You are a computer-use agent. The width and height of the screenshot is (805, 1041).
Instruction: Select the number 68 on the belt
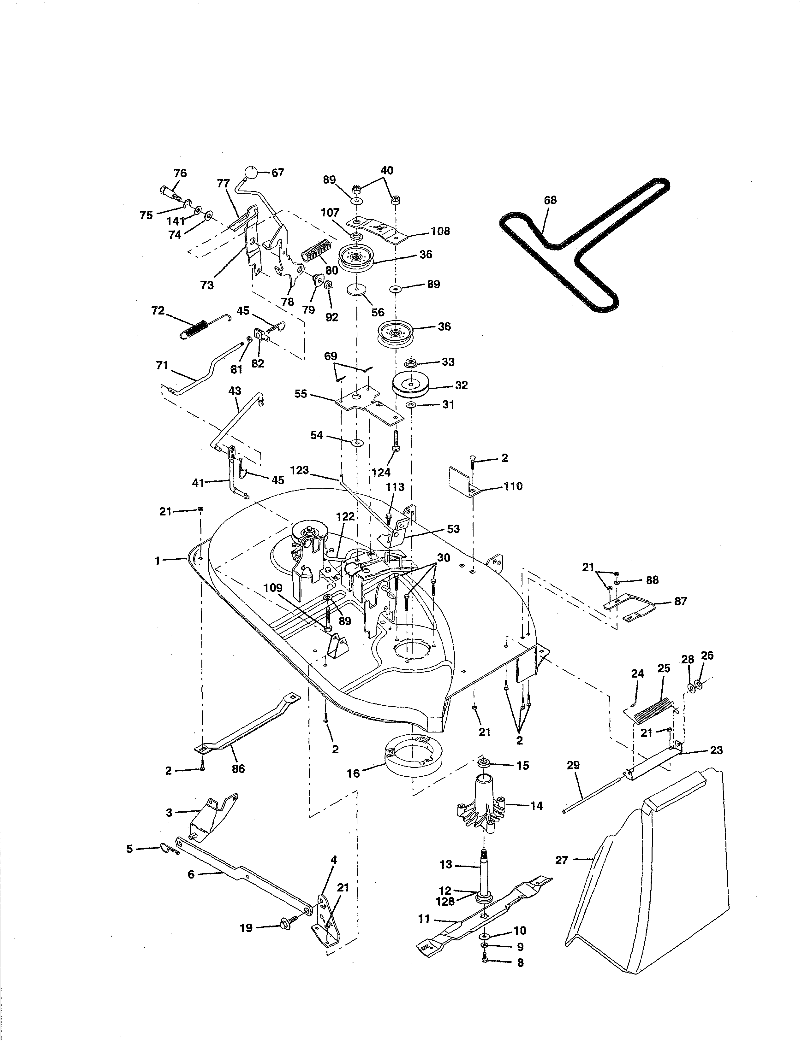pos(550,200)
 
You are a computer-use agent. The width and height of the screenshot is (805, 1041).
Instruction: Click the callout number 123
pos(300,470)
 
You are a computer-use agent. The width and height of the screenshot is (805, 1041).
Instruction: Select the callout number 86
pos(238,768)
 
